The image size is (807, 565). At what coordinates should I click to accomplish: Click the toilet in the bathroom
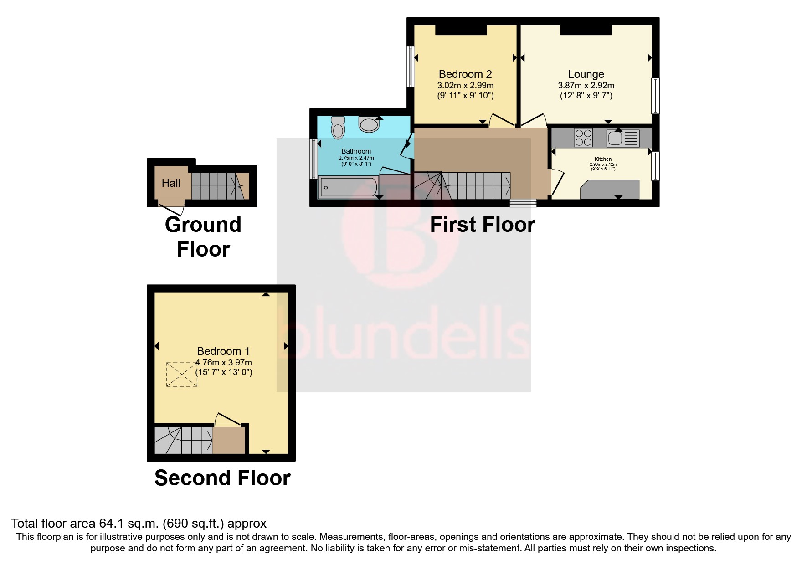(338, 127)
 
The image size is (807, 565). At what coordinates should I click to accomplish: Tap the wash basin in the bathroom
(369, 124)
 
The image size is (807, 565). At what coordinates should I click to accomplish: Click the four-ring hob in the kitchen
(583, 137)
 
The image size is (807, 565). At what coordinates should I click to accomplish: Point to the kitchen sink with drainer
(623, 137)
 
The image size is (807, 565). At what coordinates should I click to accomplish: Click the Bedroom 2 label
(465, 74)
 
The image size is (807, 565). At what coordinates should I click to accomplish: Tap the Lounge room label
(586, 74)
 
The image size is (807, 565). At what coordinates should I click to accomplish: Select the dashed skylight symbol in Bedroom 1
(182, 375)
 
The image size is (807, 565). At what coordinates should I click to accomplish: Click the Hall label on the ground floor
(171, 183)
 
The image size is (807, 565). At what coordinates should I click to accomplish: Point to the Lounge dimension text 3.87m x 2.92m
(586, 86)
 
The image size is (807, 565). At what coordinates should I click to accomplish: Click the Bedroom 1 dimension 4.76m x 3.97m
(224, 363)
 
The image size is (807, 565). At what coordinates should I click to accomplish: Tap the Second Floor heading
(222, 478)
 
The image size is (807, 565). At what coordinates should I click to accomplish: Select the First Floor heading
(482, 225)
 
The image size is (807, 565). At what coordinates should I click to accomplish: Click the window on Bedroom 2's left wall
(411, 67)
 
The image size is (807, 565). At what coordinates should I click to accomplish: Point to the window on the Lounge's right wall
(655, 96)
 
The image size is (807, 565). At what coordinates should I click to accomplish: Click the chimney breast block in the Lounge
(586, 30)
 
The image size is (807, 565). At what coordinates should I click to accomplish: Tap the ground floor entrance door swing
(172, 209)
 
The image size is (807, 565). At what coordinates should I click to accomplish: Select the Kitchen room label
(603, 159)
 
